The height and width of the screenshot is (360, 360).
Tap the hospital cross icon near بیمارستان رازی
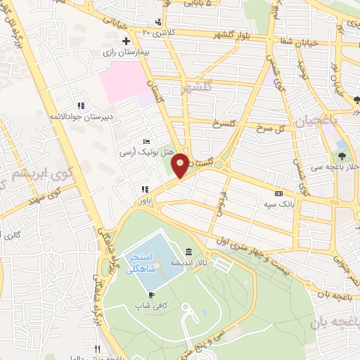coord(126,41)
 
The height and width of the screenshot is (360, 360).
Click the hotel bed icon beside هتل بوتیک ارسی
coord(146,141)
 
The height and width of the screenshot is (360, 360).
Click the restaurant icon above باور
coord(145,188)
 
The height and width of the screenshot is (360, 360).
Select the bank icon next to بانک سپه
coord(279,193)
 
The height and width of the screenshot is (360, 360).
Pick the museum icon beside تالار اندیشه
coord(188,252)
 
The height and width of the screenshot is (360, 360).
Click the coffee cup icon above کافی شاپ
coord(151,295)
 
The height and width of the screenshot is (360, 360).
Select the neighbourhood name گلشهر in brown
coord(197,89)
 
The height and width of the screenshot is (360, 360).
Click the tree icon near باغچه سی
coord(342,156)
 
